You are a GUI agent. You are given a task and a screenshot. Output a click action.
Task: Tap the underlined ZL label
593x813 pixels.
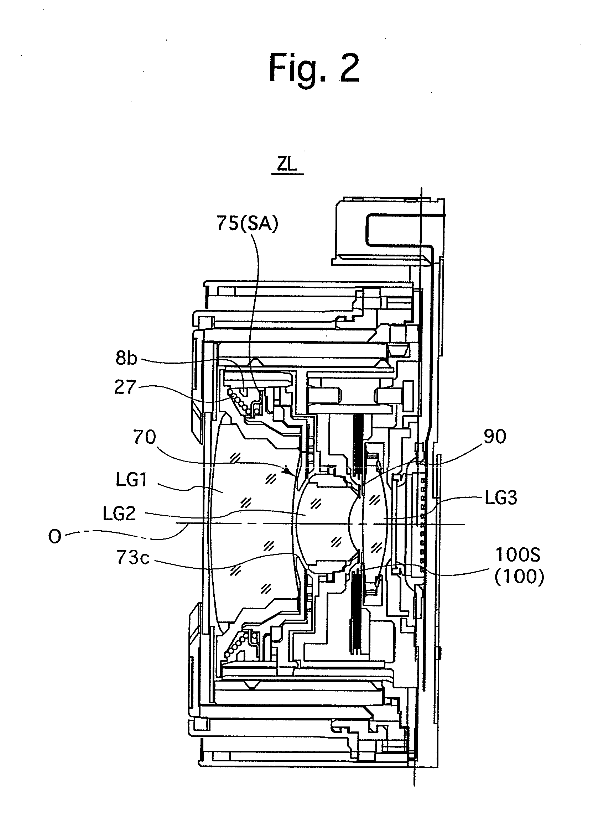coord(287,166)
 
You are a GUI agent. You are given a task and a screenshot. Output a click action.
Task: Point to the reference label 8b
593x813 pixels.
coord(126,358)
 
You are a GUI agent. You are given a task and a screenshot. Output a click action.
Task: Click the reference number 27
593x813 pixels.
coord(125,387)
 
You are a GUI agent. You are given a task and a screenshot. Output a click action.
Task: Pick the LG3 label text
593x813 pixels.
coord(501,498)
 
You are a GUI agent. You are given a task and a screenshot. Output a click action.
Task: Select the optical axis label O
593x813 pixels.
coord(54,537)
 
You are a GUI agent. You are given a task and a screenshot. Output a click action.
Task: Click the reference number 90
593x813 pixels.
coord(495,437)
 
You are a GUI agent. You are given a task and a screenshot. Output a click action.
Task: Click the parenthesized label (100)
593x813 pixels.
coord(519,578)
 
